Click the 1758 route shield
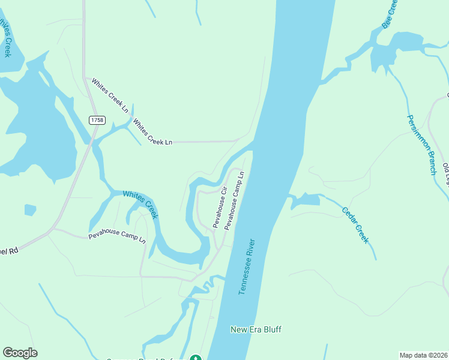[x=96, y=120]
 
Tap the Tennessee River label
[x=247, y=267]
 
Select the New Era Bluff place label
[x=256, y=329]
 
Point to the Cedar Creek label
[x=354, y=225]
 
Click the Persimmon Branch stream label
[x=422, y=145]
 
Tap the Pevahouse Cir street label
[x=218, y=207]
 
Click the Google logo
[x=20, y=353]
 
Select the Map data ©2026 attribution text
[x=423, y=355]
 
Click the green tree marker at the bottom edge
[x=195, y=358]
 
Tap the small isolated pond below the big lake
[x=30, y=209]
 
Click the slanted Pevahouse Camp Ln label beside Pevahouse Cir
[x=234, y=200]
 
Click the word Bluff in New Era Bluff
[x=271, y=329]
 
